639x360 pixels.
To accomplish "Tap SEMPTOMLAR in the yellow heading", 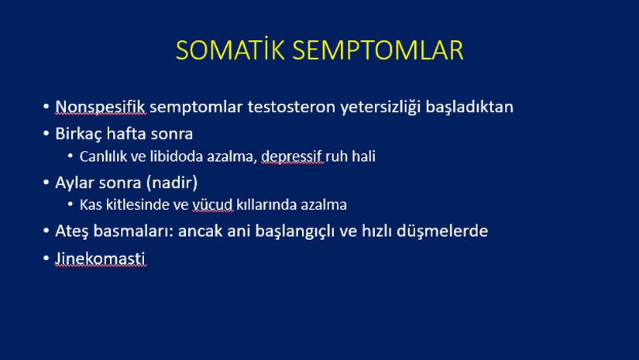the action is pyautogui.click(x=378, y=50).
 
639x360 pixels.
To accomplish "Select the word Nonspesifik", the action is pyautogui.click(x=100, y=107).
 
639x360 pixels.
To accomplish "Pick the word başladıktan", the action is pyautogui.click(x=469, y=107).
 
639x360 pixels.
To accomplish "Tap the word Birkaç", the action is pyautogui.click(x=78, y=134).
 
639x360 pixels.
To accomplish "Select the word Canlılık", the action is pyautogui.click(x=103, y=156).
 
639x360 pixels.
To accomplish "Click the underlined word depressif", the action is pyautogui.click(x=292, y=157).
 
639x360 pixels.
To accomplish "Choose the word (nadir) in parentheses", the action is pyautogui.click(x=172, y=183).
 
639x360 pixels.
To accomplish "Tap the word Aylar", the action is pyautogui.click(x=78, y=183).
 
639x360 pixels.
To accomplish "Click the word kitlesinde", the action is pyautogui.click(x=137, y=204).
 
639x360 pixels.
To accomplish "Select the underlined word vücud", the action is pyautogui.click(x=212, y=204).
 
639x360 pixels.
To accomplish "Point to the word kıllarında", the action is pyautogui.click(x=266, y=204).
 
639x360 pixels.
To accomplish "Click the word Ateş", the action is pyautogui.click(x=71, y=231).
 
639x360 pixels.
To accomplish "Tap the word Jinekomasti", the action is pyautogui.click(x=100, y=259).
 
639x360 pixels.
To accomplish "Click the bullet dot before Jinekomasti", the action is pyautogui.click(x=46, y=258).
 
